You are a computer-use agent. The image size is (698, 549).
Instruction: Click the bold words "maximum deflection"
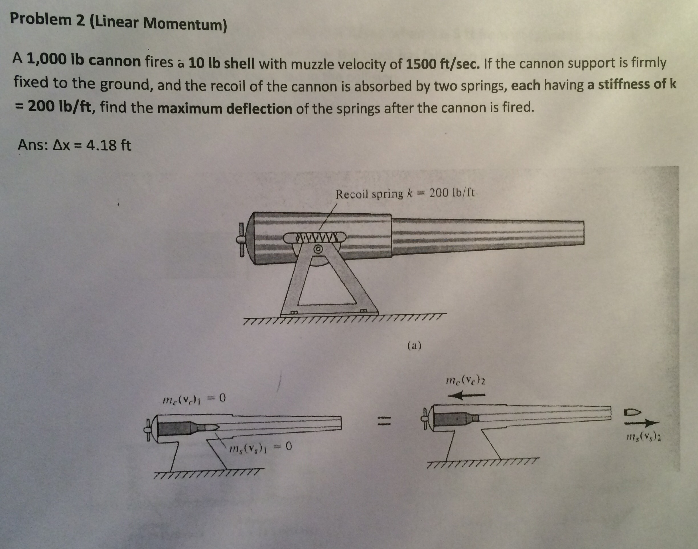pyautogui.click(x=225, y=109)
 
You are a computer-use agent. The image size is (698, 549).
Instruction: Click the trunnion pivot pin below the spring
pyautogui.click(x=318, y=249)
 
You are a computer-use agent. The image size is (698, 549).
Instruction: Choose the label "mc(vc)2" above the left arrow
pyautogui.click(x=466, y=382)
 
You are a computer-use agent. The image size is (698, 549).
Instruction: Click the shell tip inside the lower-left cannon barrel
pyautogui.click(x=213, y=427)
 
